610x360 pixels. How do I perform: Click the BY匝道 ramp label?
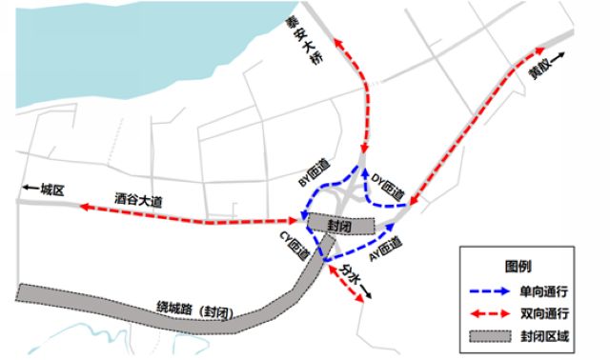[x=314, y=170]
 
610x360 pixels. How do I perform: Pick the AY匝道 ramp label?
[x=385, y=248]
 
